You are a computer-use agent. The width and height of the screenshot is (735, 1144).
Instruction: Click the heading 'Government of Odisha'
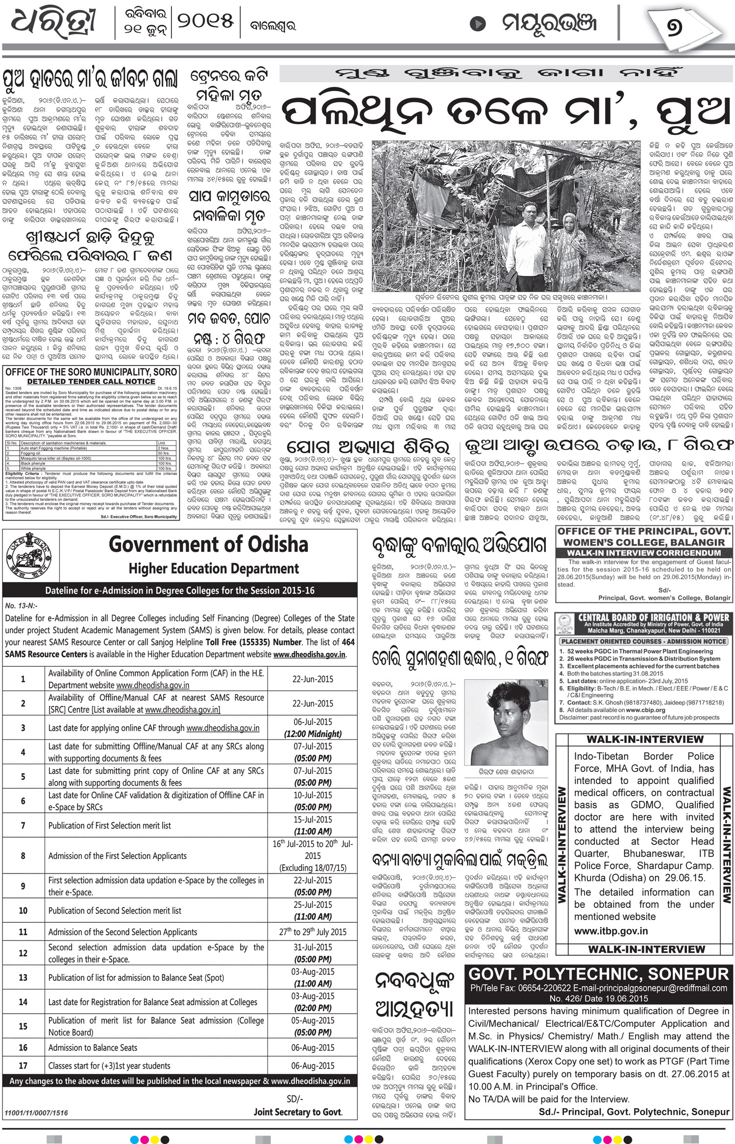tap(208, 544)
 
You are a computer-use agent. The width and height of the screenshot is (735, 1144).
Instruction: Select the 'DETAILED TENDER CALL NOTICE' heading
tap(91, 381)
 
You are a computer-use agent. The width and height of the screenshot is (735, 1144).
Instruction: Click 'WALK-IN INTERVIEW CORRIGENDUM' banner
tap(643, 553)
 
